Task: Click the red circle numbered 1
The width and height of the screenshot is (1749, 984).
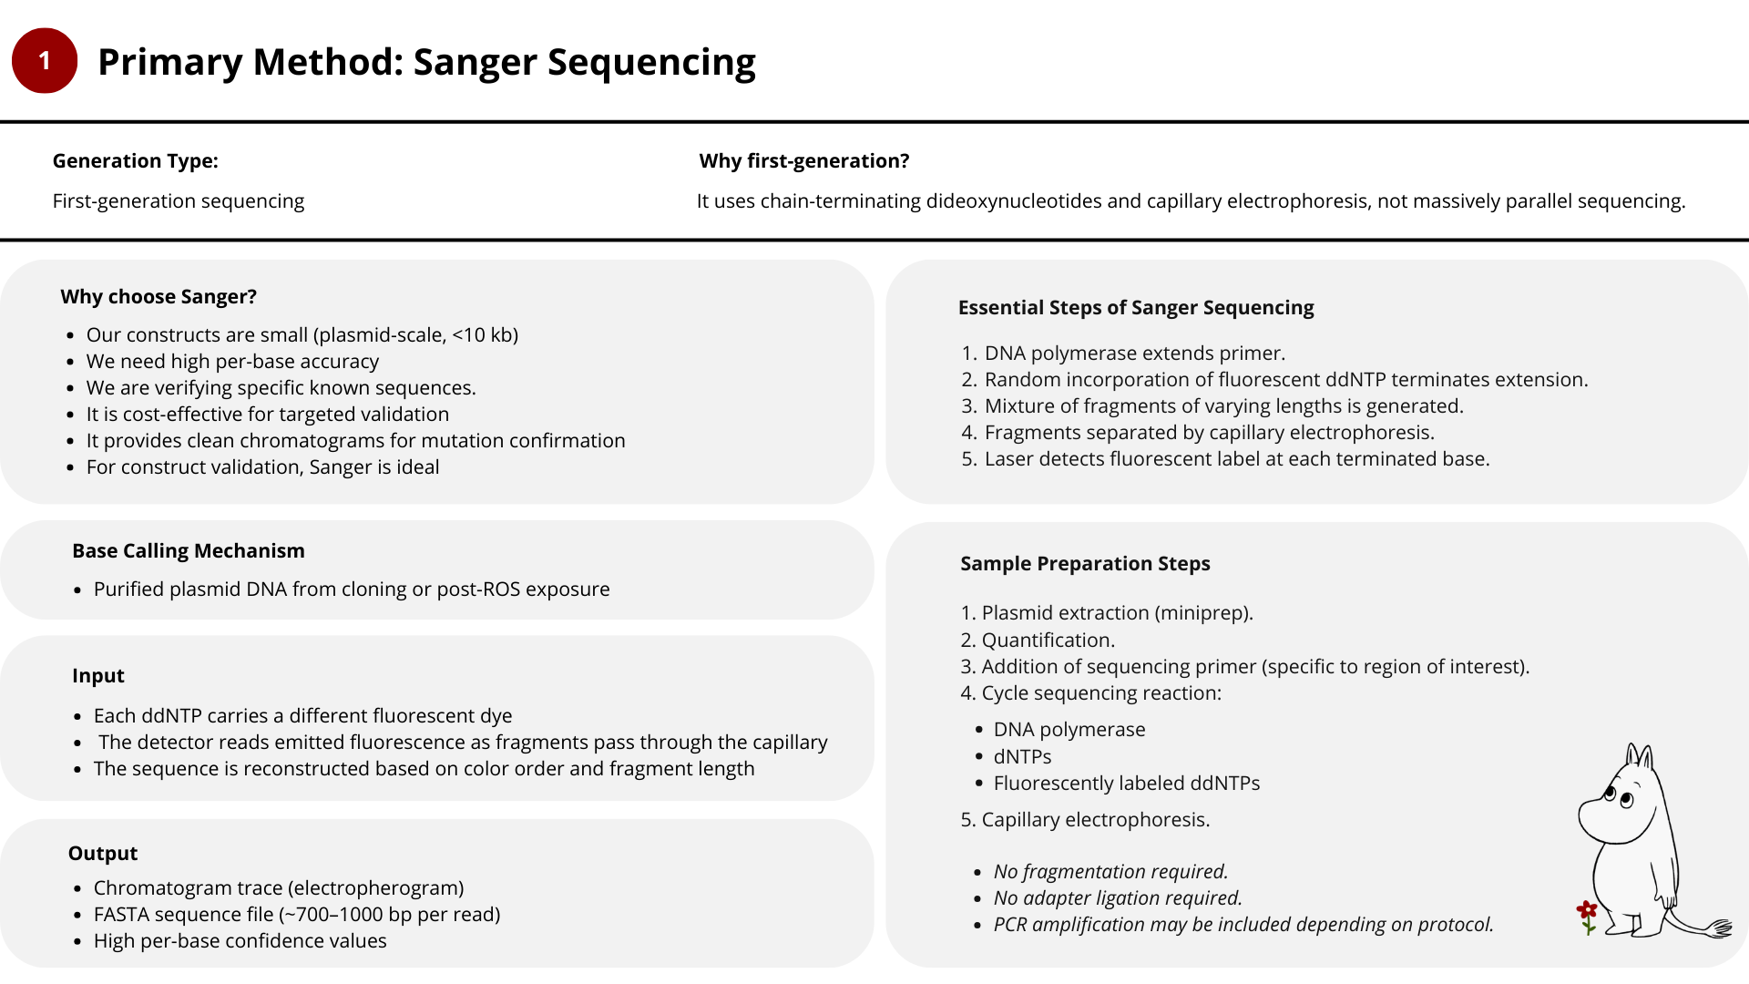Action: click(x=44, y=61)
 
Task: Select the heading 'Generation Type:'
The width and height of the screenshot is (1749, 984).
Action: click(x=135, y=161)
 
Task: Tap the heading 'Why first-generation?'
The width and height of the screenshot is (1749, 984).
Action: click(x=803, y=161)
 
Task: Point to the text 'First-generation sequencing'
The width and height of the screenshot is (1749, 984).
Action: click(x=179, y=201)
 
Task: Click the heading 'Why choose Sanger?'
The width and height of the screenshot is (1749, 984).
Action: click(x=159, y=297)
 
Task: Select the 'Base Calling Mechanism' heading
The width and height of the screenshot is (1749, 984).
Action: click(x=189, y=551)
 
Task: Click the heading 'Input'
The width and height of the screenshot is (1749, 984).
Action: click(x=98, y=676)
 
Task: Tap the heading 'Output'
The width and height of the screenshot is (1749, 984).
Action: click(x=103, y=854)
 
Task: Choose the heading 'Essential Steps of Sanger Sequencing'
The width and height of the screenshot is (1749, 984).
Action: click(x=1136, y=308)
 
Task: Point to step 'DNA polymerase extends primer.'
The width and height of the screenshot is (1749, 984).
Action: click(x=1134, y=354)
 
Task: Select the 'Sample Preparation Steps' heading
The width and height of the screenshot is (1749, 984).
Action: click(x=1085, y=564)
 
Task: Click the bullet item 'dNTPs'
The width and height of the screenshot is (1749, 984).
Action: click(x=1022, y=757)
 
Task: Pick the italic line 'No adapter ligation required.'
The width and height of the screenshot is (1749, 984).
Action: click(x=1118, y=898)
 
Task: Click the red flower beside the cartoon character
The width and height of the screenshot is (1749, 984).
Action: click(x=1587, y=911)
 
